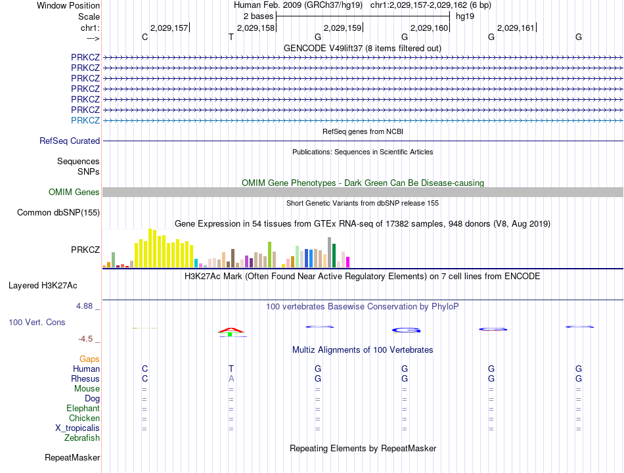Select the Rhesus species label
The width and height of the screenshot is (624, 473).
pos(85,378)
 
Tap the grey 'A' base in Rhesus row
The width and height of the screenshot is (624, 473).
pos(231,378)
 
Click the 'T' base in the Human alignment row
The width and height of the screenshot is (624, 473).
pos(231,369)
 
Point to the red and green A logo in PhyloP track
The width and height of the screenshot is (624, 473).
pos(231,331)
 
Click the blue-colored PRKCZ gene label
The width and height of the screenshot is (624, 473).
pos(85,120)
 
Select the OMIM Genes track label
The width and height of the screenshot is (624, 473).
pos(74,192)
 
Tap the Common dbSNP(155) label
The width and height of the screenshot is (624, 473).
pos(58,212)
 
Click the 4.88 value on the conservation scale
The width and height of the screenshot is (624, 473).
pos(86,306)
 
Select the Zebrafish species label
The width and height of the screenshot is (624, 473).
pos(82,438)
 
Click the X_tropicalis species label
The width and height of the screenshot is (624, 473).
pos(78,428)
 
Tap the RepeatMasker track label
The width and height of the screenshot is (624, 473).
pos(72,457)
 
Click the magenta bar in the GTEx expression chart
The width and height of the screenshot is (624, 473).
pos(347,261)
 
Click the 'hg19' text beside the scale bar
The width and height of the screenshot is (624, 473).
pos(465,16)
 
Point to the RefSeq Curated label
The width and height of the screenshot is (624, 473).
pos(70,141)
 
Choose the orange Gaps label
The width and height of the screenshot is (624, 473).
pos(89,359)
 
